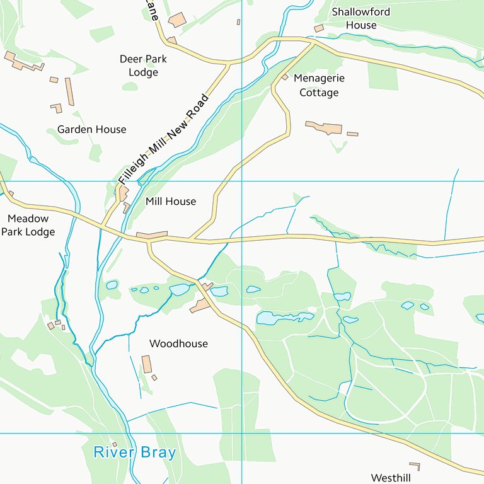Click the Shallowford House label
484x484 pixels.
point(361,18)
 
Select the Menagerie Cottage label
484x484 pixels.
point(319,86)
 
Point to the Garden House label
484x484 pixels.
point(91,129)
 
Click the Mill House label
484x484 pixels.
point(170,202)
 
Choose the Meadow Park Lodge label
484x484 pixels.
point(28,225)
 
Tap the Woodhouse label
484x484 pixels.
point(178,343)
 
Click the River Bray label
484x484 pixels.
point(134,452)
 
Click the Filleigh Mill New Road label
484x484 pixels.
point(163,139)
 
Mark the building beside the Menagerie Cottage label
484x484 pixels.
point(285,77)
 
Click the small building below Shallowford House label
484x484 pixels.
point(319,28)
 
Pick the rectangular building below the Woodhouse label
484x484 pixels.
point(147,364)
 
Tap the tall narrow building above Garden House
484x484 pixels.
point(69,92)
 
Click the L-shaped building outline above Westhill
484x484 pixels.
point(415,466)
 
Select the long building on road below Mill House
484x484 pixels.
point(153,235)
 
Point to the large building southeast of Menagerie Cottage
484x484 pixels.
point(324,128)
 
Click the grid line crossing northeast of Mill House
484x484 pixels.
point(242,181)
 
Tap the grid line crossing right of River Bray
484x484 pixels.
point(242,433)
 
